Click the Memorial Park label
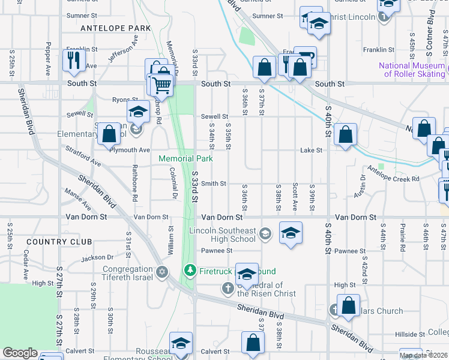click(x=185, y=159)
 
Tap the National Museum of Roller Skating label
click(x=412, y=70)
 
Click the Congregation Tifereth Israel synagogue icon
click(x=161, y=273)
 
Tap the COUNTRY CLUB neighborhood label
click(x=58, y=242)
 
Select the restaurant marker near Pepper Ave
click(x=74, y=61)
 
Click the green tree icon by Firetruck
click(x=190, y=271)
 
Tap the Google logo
click(x=20, y=353)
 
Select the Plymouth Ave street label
click(x=129, y=150)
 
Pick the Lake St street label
click(x=311, y=150)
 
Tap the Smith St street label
click(x=213, y=184)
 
